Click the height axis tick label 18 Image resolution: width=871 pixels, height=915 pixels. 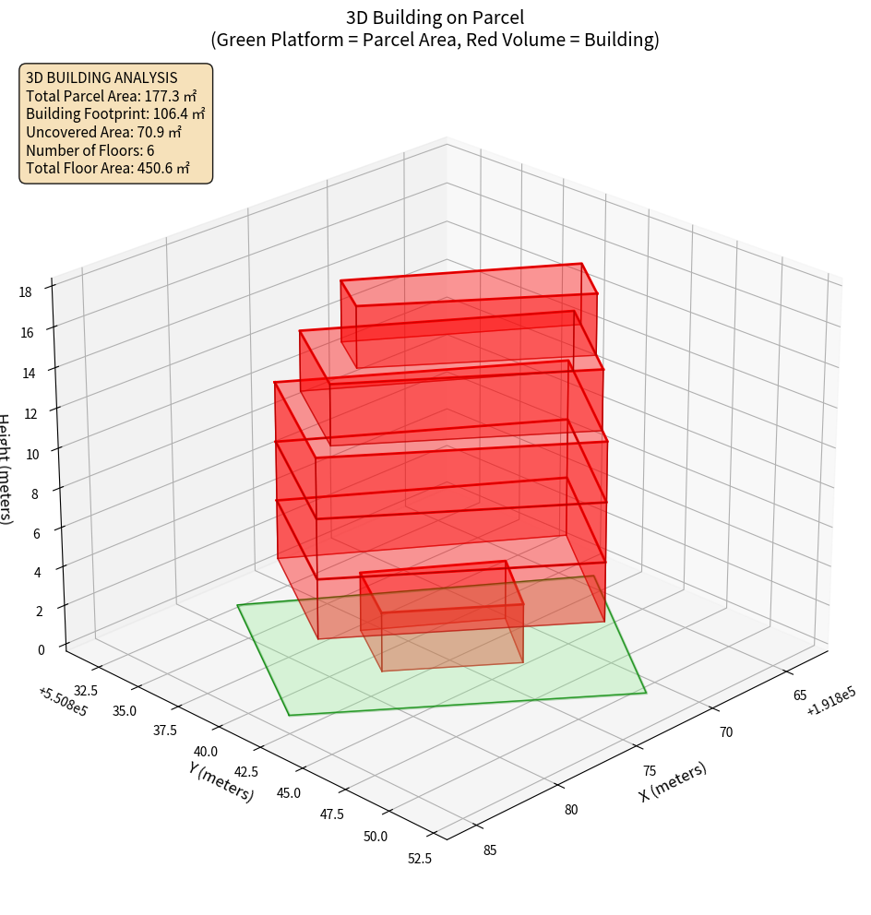click(x=25, y=292)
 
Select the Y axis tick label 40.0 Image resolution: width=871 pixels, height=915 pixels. click(x=206, y=752)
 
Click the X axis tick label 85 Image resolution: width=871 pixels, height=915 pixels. click(x=489, y=850)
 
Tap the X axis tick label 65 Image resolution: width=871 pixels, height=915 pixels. click(x=800, y=695)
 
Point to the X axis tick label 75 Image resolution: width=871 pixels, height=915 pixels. click(x=649, y=771)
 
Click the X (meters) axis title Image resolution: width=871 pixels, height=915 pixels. click(x=673, y=781)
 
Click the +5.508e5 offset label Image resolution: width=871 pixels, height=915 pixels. click(x=63, y=702)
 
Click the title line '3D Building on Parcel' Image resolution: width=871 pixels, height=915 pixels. click(x=435, y=17)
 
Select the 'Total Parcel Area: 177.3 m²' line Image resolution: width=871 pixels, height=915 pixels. click(x=111, y=96)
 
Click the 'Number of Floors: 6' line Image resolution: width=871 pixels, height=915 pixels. click(x=89, y=150)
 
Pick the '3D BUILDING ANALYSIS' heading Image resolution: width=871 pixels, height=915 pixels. click(x=101, y=77)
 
